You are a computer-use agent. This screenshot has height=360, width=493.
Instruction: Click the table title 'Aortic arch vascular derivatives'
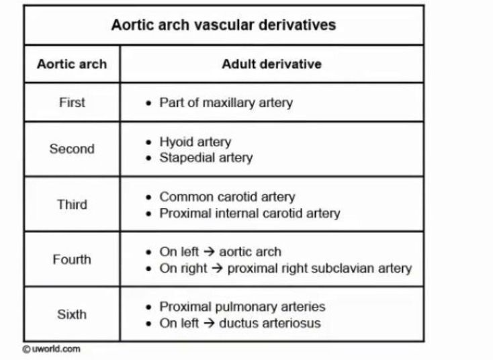coord(224,25)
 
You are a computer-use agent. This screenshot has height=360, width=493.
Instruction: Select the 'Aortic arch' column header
coord(72,64)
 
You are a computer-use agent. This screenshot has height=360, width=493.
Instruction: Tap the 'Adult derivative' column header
coord(271,64)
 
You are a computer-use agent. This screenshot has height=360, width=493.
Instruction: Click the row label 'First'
coord(72,103)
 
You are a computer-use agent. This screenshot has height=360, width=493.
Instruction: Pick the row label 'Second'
coord(72,148)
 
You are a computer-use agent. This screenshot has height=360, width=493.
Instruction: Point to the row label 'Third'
coord(72,204)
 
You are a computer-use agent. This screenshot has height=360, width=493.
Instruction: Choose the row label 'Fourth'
coord(72,259)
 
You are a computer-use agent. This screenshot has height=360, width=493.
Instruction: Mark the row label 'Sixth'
coord(72,314)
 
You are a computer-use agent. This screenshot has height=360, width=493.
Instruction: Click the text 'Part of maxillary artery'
coord(226,103)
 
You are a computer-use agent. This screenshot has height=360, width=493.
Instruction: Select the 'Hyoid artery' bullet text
coord(195,142)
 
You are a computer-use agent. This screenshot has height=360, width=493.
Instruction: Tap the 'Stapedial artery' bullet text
coord(206,158)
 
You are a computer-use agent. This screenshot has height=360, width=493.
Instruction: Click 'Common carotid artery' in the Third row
coord(227,197)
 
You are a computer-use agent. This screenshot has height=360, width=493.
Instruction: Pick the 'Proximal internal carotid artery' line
coord(250,214)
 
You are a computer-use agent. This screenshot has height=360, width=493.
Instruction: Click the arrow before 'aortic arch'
coord(209,251)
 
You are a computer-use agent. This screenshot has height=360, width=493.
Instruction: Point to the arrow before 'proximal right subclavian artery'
coord(217,268)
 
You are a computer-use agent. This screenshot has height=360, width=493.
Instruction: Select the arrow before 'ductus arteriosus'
coord(209,323)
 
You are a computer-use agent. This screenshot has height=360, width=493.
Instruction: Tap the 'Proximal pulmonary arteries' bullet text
coord(242,307)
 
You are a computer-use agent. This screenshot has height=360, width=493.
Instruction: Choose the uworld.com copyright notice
coord(51,349)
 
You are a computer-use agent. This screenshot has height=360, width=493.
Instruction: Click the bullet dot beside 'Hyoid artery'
coord(148,142)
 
